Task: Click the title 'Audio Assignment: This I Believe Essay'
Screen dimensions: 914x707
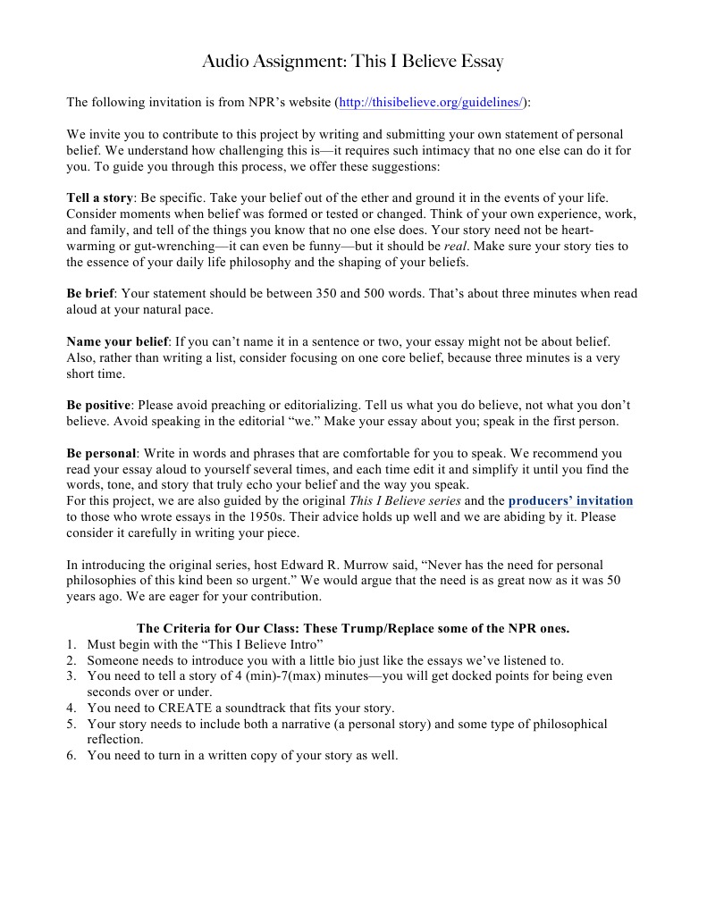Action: (353, 62)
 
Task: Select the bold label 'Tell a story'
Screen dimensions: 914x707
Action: (100, 197)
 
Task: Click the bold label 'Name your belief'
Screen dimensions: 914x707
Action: (117, 341)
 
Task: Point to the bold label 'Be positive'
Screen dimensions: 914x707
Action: (98, 406)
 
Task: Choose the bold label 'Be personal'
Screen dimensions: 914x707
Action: (101, 454)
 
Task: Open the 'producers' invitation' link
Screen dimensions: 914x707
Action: (570, 501)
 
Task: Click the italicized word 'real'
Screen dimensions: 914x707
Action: (456, 246)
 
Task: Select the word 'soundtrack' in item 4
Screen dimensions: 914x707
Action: (260, 709)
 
